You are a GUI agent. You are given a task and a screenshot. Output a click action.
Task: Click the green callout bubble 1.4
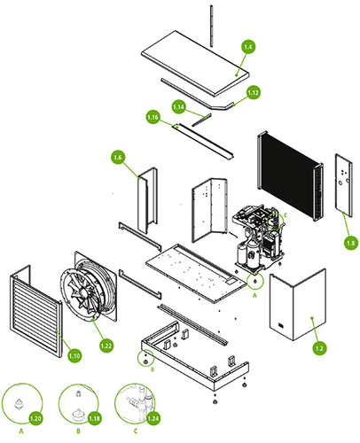pos(248,47)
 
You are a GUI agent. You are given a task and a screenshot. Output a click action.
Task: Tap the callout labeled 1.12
pos(253,92)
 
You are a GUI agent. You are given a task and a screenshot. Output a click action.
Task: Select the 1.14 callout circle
pos(178,106)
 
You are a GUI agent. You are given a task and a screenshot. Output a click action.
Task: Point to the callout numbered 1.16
pos(153,117)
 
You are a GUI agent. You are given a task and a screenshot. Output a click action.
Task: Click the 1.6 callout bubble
pos(118,157)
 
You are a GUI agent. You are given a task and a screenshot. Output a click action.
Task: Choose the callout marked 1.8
pos(350,243)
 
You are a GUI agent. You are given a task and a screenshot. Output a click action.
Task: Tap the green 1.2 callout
pos(319,348)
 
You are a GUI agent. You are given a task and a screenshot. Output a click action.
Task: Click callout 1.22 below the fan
pos(106,346)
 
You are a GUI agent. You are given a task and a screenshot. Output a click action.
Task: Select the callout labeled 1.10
pos(74,355)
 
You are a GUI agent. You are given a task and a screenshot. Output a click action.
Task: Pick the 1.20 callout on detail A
pos(35,418)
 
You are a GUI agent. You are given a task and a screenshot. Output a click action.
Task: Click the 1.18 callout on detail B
pos(94,418)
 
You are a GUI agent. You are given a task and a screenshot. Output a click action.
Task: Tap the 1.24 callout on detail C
pos(153,418)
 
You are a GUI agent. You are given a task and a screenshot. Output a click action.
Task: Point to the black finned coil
pos(291,175)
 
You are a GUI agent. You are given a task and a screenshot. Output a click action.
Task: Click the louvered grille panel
pos(35,311)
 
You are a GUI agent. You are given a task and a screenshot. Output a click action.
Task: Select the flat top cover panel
pos(195,63)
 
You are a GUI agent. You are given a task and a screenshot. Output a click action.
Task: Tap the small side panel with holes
pos(343,185)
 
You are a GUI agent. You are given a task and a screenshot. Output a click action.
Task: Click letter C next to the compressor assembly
pos(286,214)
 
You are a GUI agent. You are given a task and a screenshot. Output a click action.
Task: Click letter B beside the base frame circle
pos(153,369)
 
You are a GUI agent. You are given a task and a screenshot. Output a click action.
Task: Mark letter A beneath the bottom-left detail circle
pos(21,431)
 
